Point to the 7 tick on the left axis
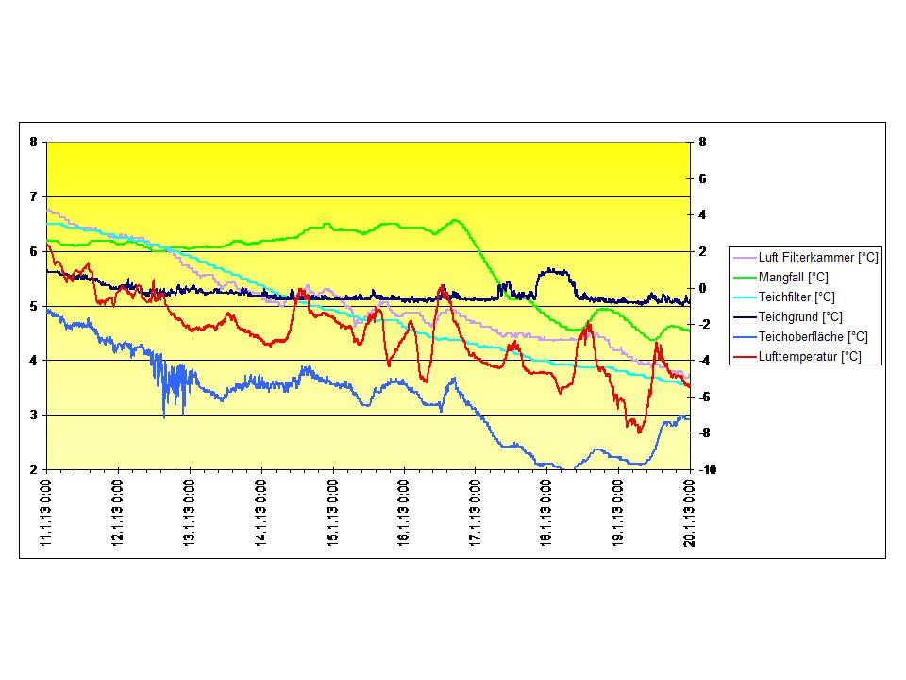point(34,196)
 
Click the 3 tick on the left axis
point(34,415)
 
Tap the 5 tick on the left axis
point(34,306)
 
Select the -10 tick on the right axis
point(705,469)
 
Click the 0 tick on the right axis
point(701,288)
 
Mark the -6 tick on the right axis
point(703,397)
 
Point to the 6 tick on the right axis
point(701,178)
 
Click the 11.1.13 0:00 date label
point(46,511)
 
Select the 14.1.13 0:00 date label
point(261,511)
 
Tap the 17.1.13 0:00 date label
point(476,511)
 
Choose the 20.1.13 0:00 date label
point(690,511)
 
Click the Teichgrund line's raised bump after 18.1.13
point(555,271)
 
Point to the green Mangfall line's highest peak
point(455,220)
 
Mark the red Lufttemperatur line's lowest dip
point(639,432)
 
